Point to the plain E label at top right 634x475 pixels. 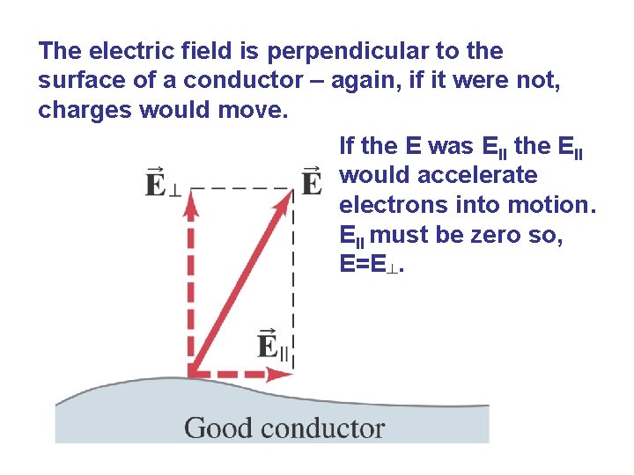312,182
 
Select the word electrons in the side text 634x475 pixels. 387,205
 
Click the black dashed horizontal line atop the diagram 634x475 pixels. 243,186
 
